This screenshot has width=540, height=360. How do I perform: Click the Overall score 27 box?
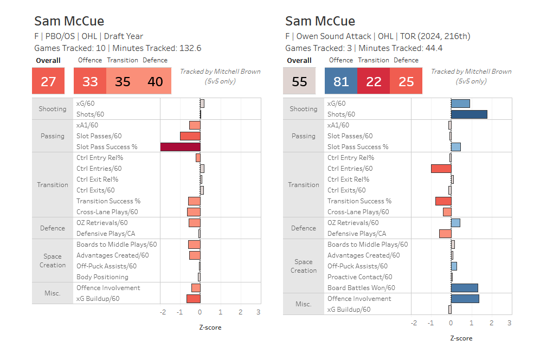48,81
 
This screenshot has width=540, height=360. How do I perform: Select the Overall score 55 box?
299,81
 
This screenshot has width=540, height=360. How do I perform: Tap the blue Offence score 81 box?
341,81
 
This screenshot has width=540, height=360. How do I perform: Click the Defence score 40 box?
155,81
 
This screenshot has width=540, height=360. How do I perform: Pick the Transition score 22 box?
374,81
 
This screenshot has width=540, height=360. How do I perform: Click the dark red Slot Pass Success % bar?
180,147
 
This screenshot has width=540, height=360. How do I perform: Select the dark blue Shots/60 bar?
469,114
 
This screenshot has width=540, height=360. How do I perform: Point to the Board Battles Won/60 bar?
464,288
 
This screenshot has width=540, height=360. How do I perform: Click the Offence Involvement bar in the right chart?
465,299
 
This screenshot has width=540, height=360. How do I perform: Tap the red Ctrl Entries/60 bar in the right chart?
441,169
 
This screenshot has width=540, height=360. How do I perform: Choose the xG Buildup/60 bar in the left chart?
194,299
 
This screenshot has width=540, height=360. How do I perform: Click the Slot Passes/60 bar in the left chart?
190,136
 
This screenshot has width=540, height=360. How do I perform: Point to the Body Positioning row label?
102,277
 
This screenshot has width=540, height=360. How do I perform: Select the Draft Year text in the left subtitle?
124,36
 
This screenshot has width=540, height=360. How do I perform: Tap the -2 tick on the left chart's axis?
163,312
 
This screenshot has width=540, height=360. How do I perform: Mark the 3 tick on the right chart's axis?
509,323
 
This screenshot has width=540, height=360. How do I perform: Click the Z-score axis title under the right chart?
461,338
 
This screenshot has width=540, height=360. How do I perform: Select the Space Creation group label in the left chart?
53,261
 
